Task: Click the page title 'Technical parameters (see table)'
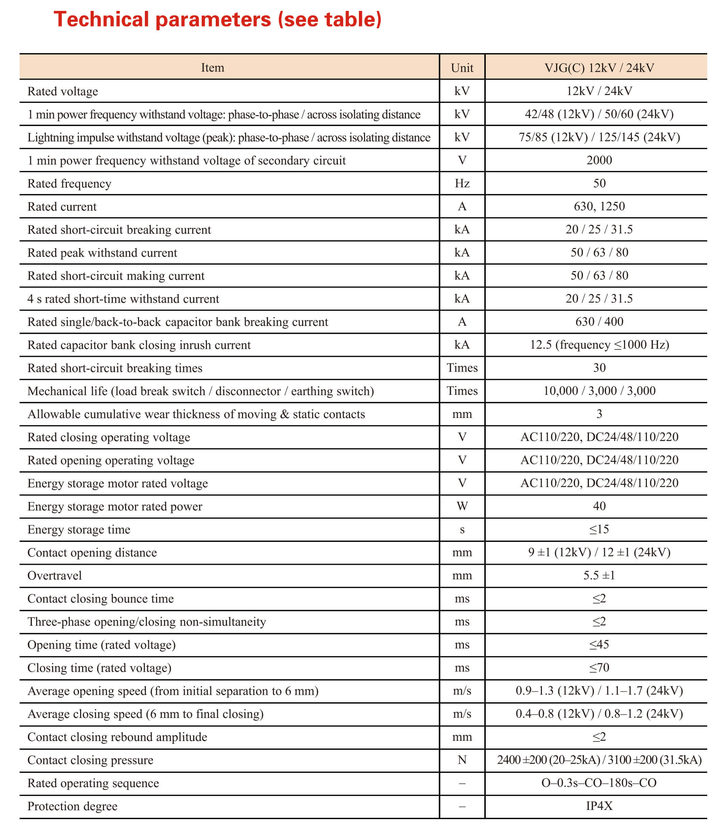217,19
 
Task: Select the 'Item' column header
212,67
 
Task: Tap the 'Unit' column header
462,68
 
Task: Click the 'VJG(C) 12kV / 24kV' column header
599,68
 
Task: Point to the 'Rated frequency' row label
70,184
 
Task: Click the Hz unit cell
462,184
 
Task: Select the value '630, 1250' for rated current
599,206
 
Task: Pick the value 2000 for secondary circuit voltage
599,160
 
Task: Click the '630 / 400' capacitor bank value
599,322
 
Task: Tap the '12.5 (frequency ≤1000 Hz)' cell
599,345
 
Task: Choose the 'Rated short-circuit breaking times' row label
115,368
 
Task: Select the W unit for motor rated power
462,506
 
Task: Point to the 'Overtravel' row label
55,576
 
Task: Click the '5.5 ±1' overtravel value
599,576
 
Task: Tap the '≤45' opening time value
599,644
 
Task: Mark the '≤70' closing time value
599,668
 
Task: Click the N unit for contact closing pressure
462,760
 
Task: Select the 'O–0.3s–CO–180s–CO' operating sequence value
599,783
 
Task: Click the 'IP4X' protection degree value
599,806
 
